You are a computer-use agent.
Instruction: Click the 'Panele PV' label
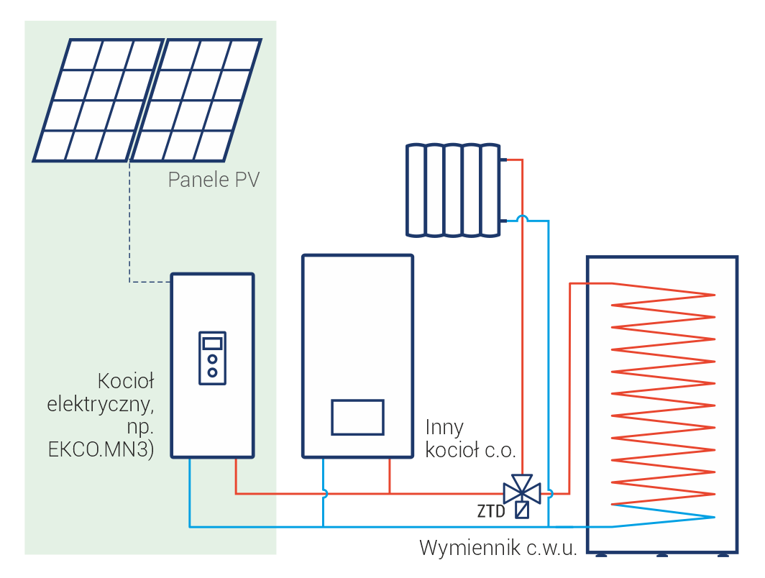[x=213, y=179]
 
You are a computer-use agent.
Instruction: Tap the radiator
[x=452, y=190]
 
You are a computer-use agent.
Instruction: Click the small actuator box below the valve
[x=522, y=510]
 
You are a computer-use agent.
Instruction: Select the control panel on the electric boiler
[x=213, y=357]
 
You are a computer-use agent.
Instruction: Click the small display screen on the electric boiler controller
[x=213, y=343]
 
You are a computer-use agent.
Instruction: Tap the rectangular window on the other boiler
[x=357, y=417]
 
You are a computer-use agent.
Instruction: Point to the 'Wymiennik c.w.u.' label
[x=498, y=549]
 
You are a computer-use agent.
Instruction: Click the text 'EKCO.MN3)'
[x=101, y=451]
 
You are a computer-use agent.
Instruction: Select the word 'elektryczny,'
[x=101, y=404]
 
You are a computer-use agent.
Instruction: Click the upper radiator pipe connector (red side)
[x=506, y=160]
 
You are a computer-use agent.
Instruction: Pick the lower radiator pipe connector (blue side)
[x=506, y=220]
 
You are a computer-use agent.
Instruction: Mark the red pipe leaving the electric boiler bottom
[x=236, y=476]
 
